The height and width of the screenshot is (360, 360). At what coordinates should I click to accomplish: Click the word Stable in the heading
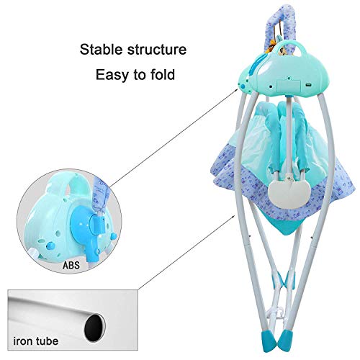(x=102, y=50)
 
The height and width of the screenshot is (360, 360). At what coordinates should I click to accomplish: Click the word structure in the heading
(x=157, y=50)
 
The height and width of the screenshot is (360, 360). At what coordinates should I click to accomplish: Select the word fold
(x=163, y=74)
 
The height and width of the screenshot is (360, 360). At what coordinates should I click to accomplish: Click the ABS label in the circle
(x=71, y=265)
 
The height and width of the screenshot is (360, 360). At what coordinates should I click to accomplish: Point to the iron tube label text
(x=36, y=341)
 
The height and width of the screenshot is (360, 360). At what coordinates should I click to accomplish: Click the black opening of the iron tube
(x=95, y=328)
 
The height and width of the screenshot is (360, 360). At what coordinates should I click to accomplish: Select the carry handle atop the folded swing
(x=288, y=48)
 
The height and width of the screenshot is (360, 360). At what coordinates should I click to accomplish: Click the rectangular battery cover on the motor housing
(x=289, y=86)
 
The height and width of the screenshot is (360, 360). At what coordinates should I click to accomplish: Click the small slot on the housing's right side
(x=308, y=85)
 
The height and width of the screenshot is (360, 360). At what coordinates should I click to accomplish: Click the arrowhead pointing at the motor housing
(x=236, y=90)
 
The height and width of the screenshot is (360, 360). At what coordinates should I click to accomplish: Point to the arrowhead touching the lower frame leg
(x=233, y=217)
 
